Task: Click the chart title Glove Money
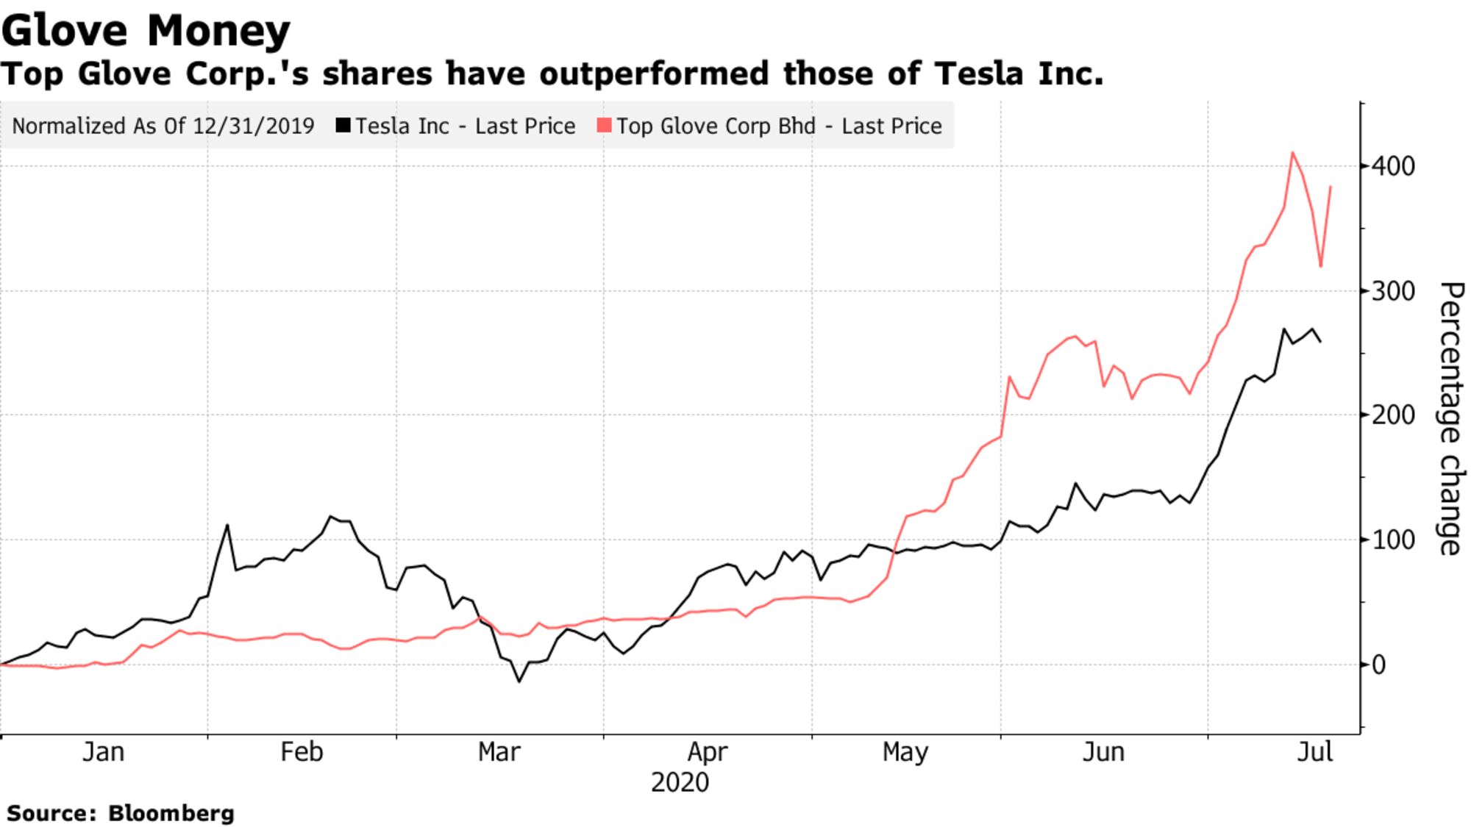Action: point(146,31)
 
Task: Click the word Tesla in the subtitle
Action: point(978,74)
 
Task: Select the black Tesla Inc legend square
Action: point(343,126)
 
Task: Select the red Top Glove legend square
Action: point(604,126)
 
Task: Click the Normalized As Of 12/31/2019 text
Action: point(163,126)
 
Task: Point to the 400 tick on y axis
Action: point(1392,167)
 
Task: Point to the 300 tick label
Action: point(1392,292)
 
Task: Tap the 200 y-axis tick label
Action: point(1392,415)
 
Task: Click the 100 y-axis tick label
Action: point(1392,540)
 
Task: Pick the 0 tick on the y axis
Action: point(1379,665)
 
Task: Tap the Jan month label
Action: point(103,752)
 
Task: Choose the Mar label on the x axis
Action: point(499,752)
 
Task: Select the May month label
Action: point(905,752)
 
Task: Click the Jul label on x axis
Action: point(1314,752)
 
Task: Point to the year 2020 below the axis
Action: point(680,782)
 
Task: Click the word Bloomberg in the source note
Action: point(171,813)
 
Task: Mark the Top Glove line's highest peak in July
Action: point(1292,153)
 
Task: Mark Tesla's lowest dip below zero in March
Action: point(519,681)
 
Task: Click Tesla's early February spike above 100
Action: point(227,525)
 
